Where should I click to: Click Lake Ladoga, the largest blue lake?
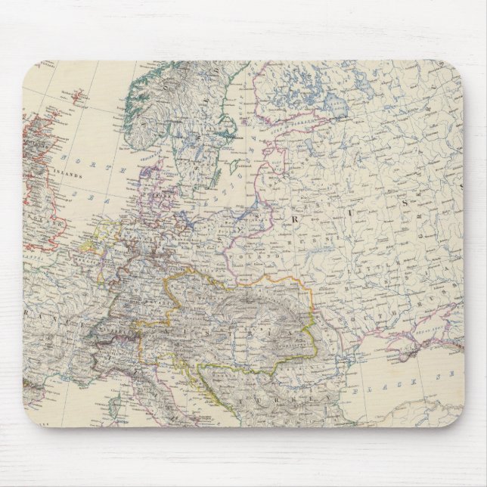click(x=333, y=106)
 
